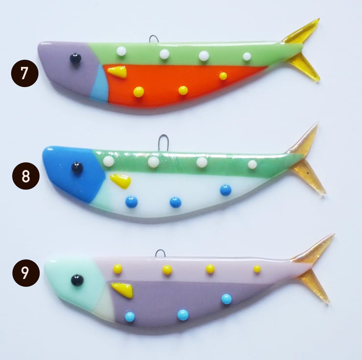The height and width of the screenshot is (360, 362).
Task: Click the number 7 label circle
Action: coord(24,73)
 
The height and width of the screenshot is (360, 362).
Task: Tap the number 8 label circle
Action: coord(26,176)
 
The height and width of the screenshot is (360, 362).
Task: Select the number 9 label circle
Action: coord(26,273)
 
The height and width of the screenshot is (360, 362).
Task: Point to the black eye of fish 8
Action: coord(77,168)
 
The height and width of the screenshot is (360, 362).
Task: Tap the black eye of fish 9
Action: coord(77,280)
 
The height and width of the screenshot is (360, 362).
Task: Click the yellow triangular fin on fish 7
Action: coord(118,71)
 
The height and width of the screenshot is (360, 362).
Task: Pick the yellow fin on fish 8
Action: coord(120,180)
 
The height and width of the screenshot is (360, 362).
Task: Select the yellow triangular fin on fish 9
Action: coord(123,290)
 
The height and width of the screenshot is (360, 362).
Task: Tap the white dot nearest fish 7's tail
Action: coord(247,56)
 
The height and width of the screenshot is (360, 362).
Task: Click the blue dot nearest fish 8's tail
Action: coord(226,190)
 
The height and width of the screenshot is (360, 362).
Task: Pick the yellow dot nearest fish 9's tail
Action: coord(257,269)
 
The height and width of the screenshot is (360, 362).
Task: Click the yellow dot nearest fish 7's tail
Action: coord(223,76)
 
